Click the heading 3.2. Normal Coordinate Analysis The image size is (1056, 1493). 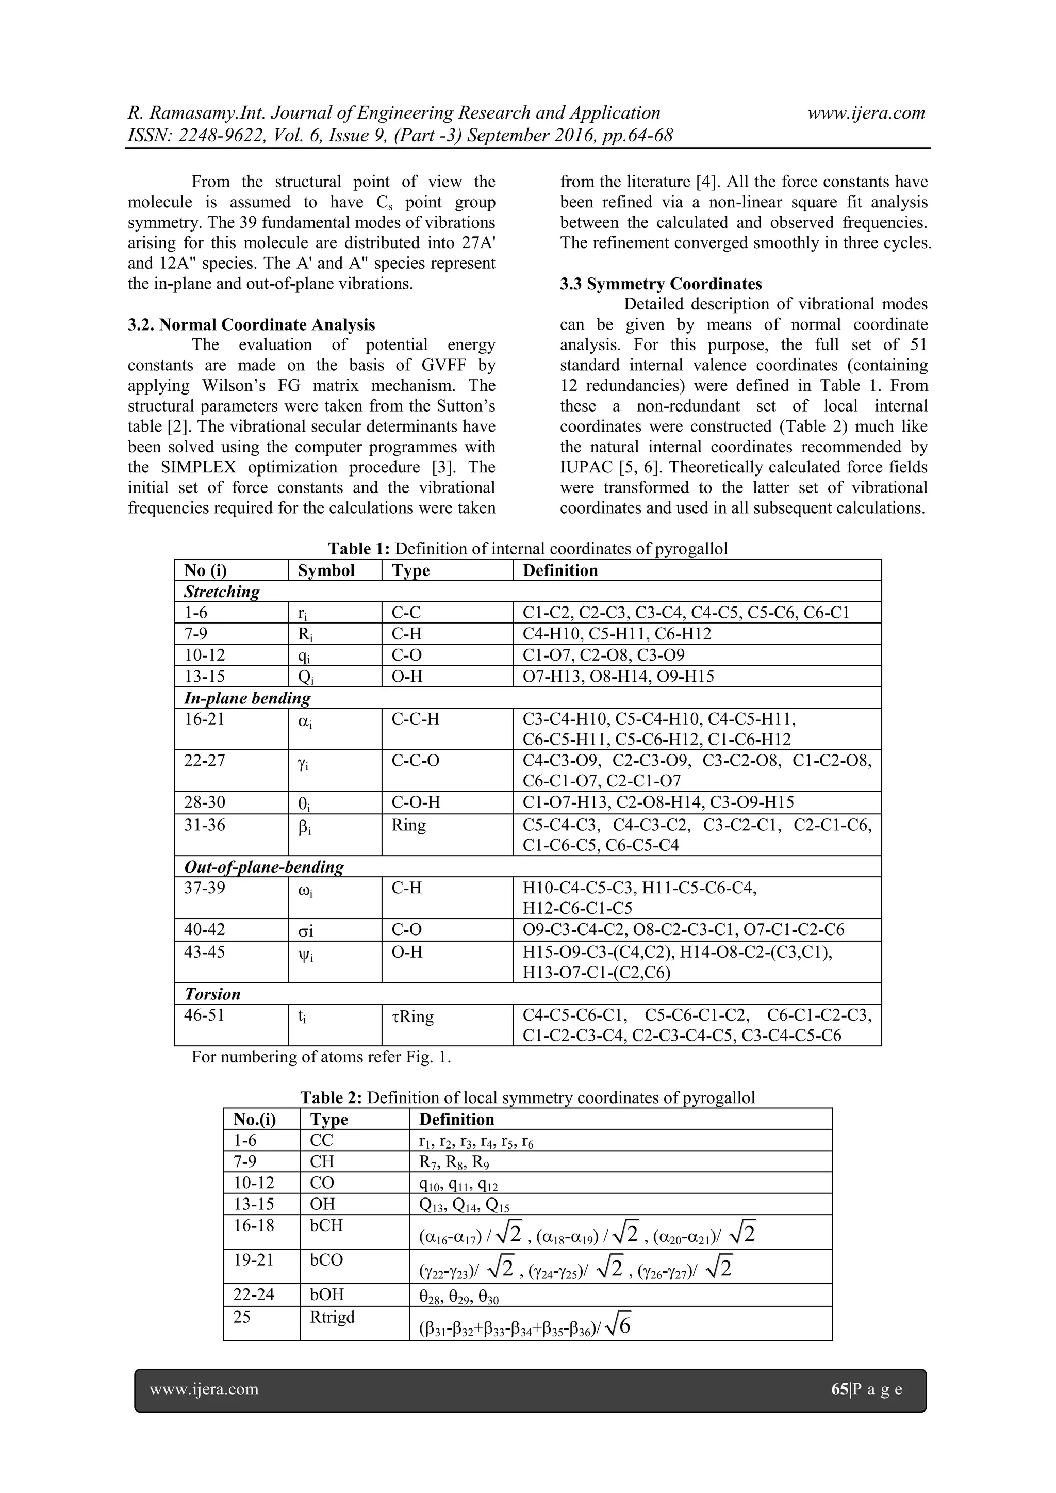pos(251,324)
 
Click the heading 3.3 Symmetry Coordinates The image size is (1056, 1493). pos(661,284)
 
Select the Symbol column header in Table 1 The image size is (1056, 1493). pos(326,570)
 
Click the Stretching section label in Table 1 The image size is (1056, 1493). pos(221,592)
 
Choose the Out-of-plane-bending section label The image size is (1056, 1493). pos(263,867)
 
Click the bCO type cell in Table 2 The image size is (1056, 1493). pos(326,1259)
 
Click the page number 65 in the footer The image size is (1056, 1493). pos(839,1390)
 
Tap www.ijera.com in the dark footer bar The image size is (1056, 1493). pos(204,1390)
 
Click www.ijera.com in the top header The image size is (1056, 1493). pos(866,113)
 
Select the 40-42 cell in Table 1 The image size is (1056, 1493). pos(204,929)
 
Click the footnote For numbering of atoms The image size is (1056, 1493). pos(321,1057)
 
